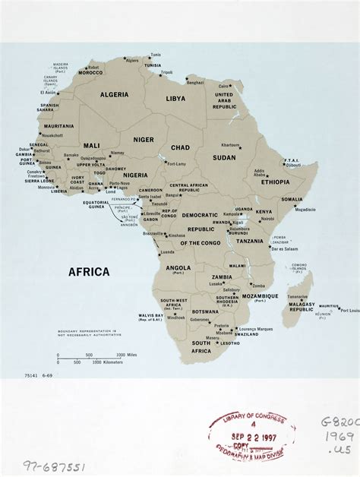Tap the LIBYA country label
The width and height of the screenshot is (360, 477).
(175, 99)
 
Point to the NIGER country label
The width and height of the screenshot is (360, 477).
(143, 140)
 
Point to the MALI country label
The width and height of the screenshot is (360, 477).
(91, 144)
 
